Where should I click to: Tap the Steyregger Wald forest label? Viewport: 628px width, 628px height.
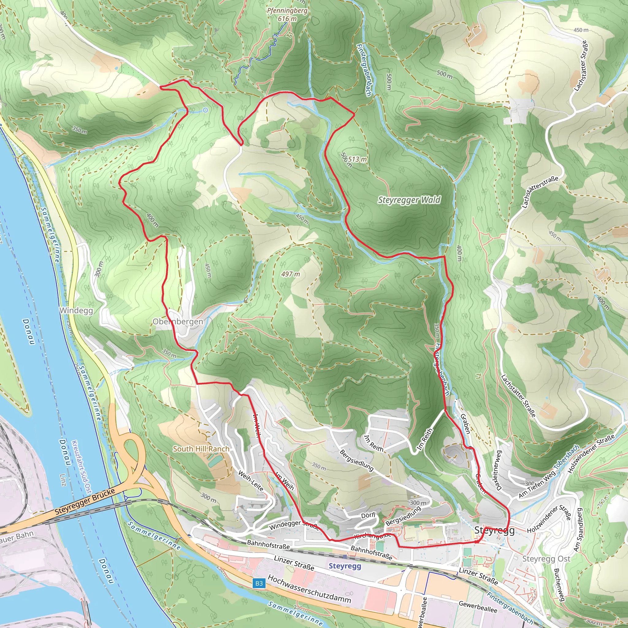click(x=409, y=200)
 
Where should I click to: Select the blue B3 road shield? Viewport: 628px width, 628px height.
click(x=259, y=583)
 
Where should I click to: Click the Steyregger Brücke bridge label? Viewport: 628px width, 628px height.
click(x=85, y=502)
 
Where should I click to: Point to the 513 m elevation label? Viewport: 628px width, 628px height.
click(x=357, y=159)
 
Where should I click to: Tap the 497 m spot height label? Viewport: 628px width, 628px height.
click(x=291, y=274)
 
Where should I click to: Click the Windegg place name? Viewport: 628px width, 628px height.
click(x=76, y=310)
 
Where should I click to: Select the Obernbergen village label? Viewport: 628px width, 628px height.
click(x=178, y=321)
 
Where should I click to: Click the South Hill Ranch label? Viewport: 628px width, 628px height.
click(x=201, y=449)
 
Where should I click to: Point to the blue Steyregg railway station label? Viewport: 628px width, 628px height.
click(x=345, y=566)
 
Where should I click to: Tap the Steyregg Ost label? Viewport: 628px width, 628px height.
click(x=546, y=558)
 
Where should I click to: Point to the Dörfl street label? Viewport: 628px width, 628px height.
click(x=368, y=515)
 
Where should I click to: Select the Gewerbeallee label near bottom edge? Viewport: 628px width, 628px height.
click(x=478, y=607)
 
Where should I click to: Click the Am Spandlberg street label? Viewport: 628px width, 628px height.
click(x=577, y=530)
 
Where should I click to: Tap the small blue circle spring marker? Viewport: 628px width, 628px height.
click(x=205, y=110)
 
